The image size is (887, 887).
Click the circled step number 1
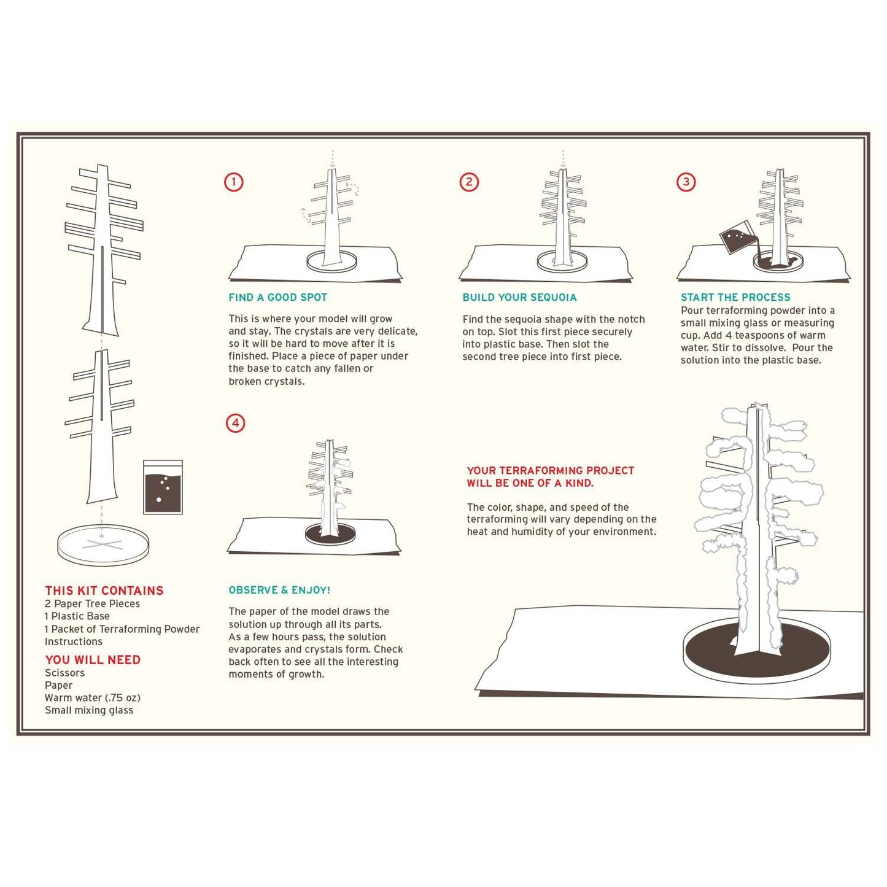tap(233, 182)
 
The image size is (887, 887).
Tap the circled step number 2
tap(469, 182)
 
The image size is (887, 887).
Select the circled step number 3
tap(686, 182)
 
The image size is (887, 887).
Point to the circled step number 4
tap(235, 423)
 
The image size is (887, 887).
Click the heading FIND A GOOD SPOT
tap(277, 298)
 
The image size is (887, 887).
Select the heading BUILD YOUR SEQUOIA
tap(519, 298)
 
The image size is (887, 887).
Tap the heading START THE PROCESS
tap(735, 298)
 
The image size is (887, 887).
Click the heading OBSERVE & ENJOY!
tap(279, 590)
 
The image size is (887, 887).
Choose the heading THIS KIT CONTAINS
tap(104, 591)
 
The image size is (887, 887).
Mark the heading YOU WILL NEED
tap(93, 660)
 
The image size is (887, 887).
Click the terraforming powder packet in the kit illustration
tap(163, 487)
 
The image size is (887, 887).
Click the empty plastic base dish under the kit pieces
tap(103, 544)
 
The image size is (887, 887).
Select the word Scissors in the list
tap(65, 673)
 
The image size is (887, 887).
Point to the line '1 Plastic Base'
tap(77, 616)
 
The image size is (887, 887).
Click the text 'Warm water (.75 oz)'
tap(93, 698)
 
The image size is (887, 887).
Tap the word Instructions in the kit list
tap(74, 641)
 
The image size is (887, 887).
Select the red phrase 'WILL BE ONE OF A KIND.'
tap(530, 483)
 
